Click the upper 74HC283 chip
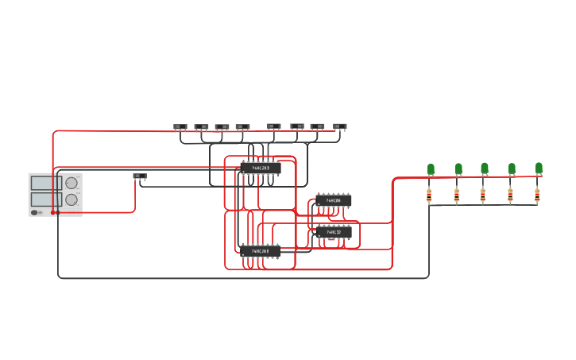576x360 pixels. pos(260,168)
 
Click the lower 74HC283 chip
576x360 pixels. pos(260,250)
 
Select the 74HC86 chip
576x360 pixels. pos(333,200)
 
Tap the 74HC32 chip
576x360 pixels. pos(333,232)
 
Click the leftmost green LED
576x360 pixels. pos(431,168)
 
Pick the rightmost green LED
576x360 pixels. pos(539,168)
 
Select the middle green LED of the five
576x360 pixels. pos(485,168)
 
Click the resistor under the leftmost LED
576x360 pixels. pos(430,194)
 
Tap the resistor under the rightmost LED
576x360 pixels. pos(537,194)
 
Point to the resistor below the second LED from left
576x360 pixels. pos(457,194)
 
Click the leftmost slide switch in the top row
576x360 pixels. pos(180,126)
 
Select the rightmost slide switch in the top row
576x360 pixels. pos(340,126)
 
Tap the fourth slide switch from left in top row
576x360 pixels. pos(242,126)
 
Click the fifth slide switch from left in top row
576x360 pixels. pos(274,126)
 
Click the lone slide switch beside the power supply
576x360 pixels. pos(140,176)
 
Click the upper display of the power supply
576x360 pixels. pos(41,183)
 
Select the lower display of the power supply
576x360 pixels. pos(41,199)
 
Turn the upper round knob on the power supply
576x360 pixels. pos(72,184)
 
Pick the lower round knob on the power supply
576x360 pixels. pos(72,199)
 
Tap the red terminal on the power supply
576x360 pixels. pos(52,212)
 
